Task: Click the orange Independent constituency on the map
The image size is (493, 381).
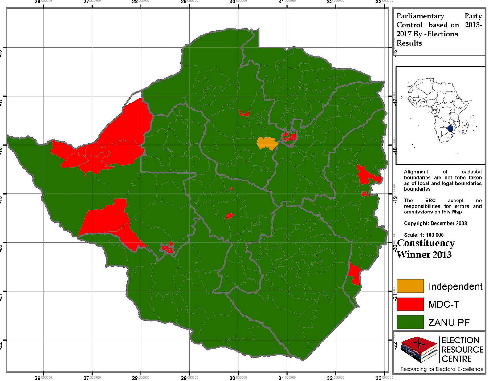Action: [267, 143]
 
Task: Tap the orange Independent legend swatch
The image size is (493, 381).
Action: [410, 286]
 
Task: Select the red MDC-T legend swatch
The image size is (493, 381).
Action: [410, 304]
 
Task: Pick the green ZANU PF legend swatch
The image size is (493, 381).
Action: [410, 322]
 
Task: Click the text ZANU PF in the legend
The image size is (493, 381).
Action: [449, 322]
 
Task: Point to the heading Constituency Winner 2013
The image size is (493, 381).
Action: [425, 249]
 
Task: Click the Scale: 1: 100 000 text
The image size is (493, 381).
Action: [424, 235]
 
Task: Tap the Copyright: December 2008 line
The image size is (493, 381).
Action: [435, 223]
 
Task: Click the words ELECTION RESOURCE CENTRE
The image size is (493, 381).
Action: [462, 350]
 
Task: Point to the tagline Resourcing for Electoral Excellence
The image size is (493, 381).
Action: [442, 369]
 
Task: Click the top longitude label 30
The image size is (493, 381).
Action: [233, 2]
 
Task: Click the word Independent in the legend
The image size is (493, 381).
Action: [455, 286]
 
